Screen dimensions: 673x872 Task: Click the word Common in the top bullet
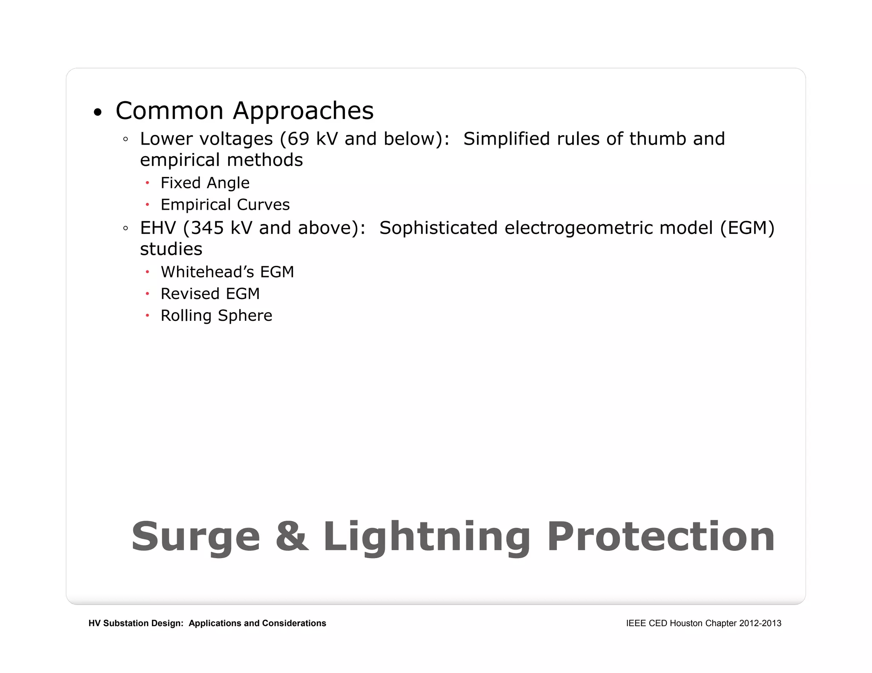click(x=169, y=111)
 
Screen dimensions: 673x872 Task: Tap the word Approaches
click(x=303, y=111)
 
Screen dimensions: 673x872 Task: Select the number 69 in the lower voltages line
click(x=298, y=139)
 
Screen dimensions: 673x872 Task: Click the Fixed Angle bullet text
click(x=205, y=183)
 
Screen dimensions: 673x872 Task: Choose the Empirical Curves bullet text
click(x=225, y=205)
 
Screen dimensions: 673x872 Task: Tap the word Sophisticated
click(x=438, y=228)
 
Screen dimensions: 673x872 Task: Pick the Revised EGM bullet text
click(x=210, y=294)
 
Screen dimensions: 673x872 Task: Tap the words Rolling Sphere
click(x=216, y=316)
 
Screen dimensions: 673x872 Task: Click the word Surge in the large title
click(x=195, y=537)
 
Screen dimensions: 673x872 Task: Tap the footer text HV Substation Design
click(x=135, y=623)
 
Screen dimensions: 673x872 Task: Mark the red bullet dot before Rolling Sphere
click(x=147, y=316)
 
